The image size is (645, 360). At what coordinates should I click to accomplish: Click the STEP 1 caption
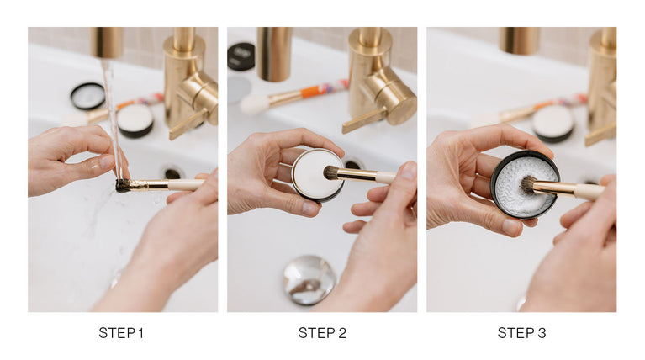(121, 333)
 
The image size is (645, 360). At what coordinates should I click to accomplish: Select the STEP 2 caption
(322, 333)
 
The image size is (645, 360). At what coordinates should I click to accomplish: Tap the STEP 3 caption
(521, 333)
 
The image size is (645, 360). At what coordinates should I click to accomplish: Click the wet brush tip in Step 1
(123, 186)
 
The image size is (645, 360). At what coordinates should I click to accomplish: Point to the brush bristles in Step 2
(330, 172)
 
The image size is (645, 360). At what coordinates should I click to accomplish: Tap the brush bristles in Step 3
(528, 185)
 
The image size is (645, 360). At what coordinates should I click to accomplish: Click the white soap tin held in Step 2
(317, 174)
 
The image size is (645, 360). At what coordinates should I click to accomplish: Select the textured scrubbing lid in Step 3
(525, 183)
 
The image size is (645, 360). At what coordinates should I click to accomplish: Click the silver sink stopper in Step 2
(309, 280)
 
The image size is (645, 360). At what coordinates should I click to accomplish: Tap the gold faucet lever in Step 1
(188, 124)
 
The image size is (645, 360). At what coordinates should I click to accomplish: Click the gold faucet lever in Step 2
(364, 119)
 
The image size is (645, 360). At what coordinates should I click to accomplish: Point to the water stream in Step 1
(112, 119)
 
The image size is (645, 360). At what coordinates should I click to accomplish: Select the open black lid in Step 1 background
(87, 96)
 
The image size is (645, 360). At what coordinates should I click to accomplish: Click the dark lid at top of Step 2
(241, 56)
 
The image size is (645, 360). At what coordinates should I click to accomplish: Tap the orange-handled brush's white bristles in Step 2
(254, 104)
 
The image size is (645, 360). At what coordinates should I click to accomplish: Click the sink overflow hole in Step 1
(172, 172)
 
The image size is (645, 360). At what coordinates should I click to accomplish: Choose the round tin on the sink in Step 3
(552, 123)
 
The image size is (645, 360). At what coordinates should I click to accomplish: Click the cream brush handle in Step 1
(186, 184)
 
